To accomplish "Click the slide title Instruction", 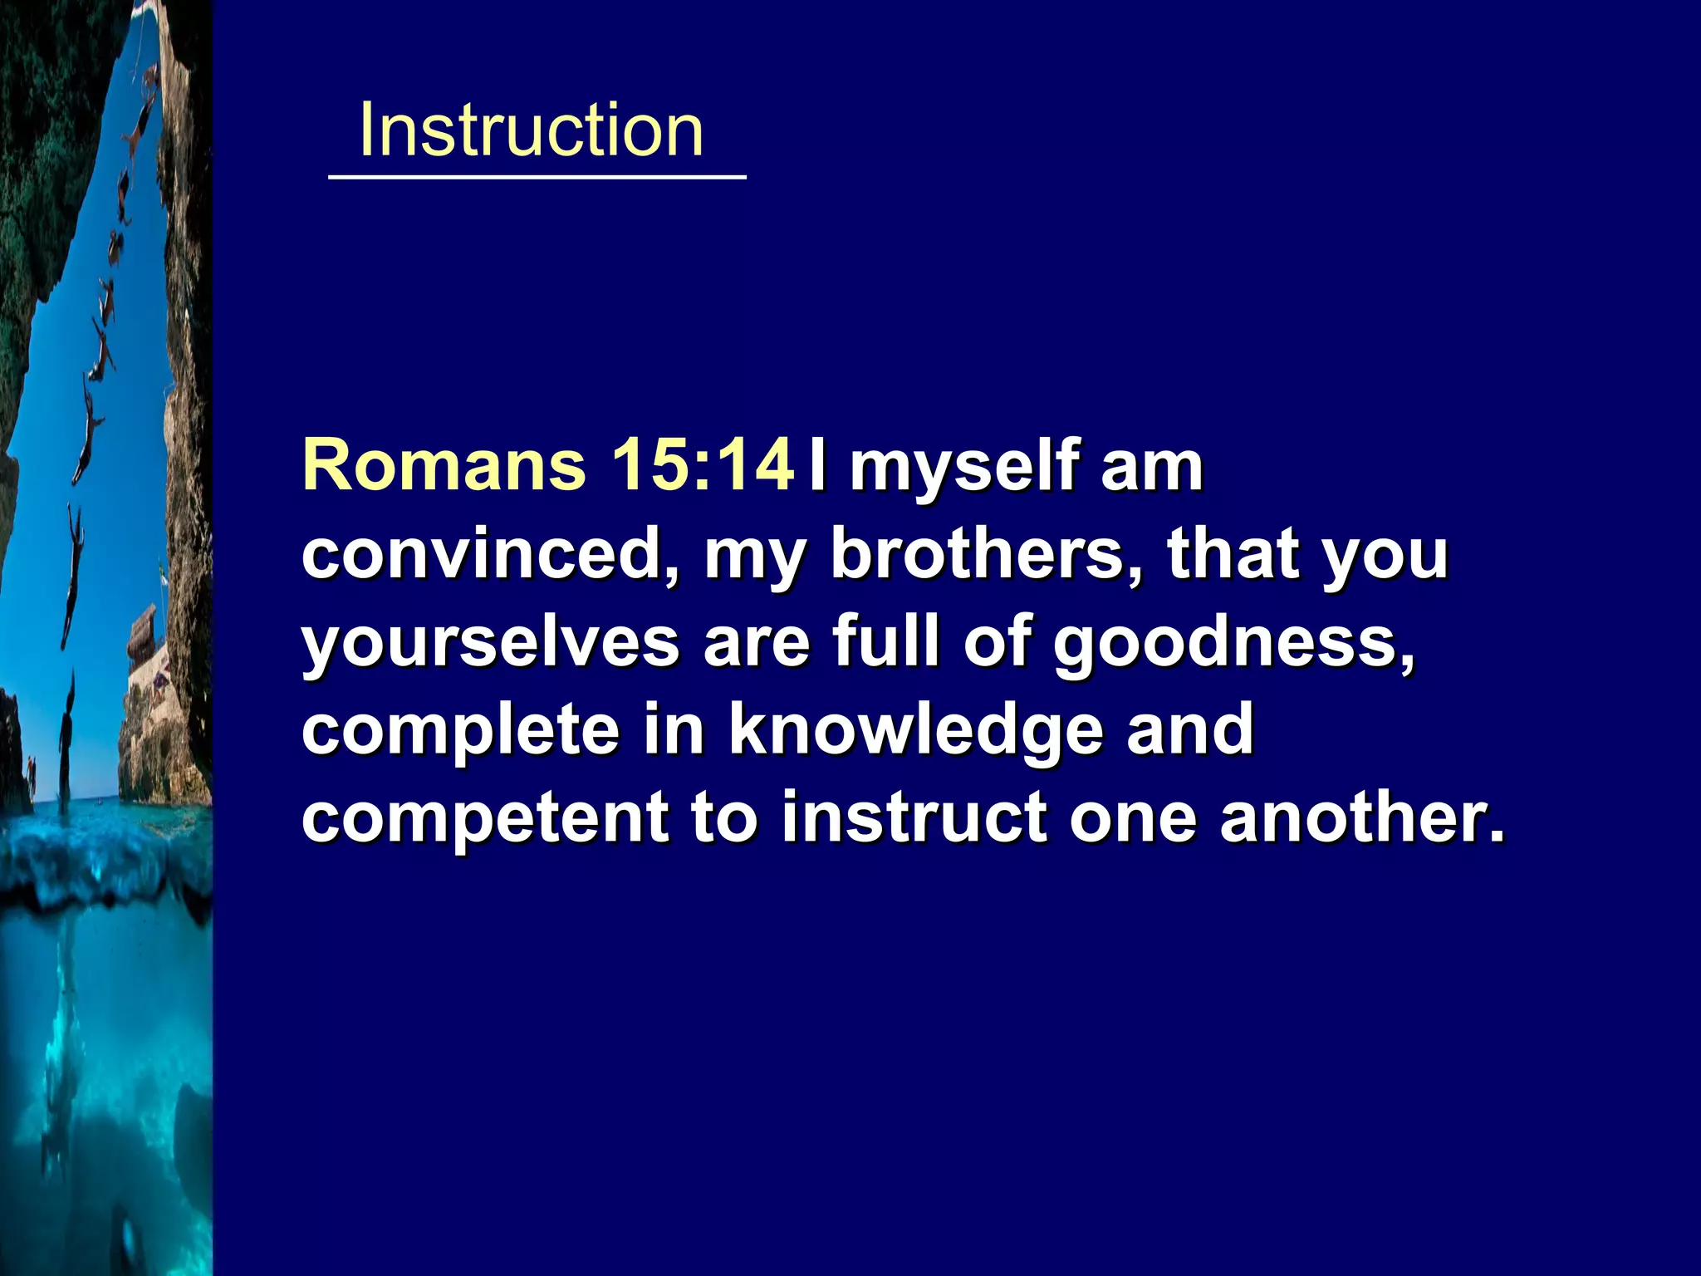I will click(531, 130).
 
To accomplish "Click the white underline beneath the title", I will click(537, 177).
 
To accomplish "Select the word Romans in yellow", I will click(444, 465).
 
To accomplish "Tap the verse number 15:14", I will click(703, 465).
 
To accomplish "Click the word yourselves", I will click(490, 645).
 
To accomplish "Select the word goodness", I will click(1234, 645).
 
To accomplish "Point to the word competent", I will click(484, 819).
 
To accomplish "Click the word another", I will click(1362, 817).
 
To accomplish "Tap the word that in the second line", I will click(1234, 555).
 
